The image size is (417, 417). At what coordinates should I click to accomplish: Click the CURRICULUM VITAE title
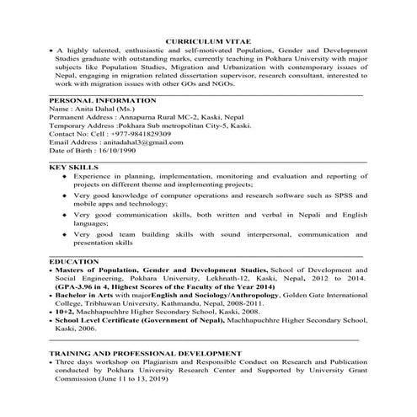click(208, 40)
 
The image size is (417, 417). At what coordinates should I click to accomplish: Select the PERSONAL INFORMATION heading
click(99, 99)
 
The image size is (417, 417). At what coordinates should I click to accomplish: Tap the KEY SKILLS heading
click(72, 168)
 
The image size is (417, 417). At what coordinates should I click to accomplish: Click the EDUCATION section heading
click(74, 263)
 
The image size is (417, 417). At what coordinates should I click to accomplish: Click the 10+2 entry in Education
click(66, 312)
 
